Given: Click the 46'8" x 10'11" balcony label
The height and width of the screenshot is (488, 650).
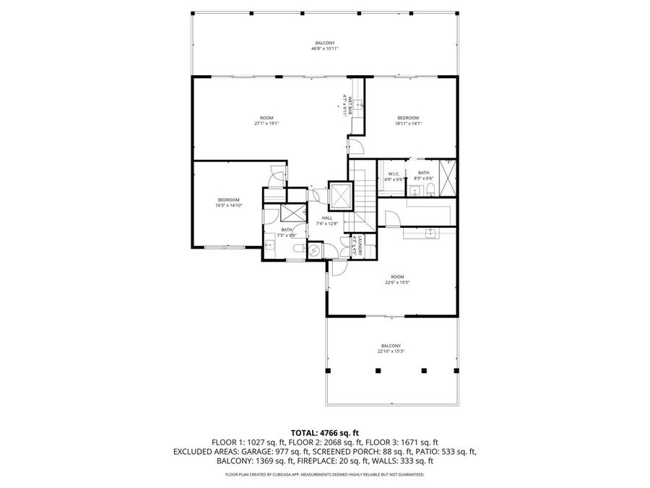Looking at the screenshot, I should click(x=325, y=46).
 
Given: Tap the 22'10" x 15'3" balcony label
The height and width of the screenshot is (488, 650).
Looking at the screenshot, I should click(x=391, y=348).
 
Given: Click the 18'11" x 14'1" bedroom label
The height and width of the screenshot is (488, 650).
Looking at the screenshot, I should click(x=408, y=120).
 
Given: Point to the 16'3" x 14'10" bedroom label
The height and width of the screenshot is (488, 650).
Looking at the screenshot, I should click(x=228, y=202).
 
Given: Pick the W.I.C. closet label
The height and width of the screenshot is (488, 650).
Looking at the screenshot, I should click(x=394, y=176).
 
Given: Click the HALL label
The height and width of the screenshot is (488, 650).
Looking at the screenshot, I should click(x=326, y=221).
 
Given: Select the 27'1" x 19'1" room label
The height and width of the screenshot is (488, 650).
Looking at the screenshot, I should click(x=266, y=120).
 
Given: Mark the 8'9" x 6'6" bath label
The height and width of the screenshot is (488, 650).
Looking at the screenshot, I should click(x=423, y=176).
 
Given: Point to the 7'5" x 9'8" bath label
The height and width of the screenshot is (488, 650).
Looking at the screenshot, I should click(x=287, y=232).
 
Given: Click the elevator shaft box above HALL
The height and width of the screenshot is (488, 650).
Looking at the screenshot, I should click(x=339, y=194).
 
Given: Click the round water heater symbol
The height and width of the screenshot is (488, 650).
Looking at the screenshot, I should click(x=314, y=250).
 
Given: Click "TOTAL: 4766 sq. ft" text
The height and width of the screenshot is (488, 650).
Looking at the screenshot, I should click(x=324, y=432).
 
